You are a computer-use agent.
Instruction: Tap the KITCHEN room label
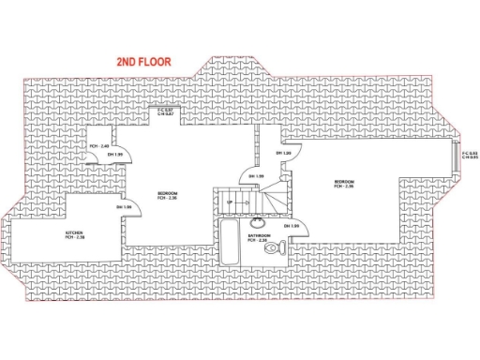(x=74, y=232)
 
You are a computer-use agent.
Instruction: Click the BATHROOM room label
(x=260, y=235)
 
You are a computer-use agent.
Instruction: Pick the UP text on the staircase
(x=229, y=202)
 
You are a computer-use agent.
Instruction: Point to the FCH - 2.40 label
(x=100, y=146)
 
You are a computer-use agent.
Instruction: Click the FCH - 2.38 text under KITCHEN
(x=74, y=237)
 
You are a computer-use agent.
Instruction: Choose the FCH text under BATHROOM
(x=259, y=241)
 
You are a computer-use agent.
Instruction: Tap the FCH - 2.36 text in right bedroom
(x=343, y=187)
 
